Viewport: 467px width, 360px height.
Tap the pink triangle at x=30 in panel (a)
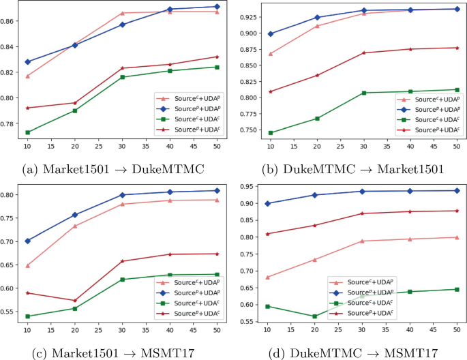(123, 13)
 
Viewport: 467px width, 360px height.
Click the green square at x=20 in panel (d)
(314, 316)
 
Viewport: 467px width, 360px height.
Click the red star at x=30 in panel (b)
(363, 52)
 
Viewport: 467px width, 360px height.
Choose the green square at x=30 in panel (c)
(123, 280)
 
